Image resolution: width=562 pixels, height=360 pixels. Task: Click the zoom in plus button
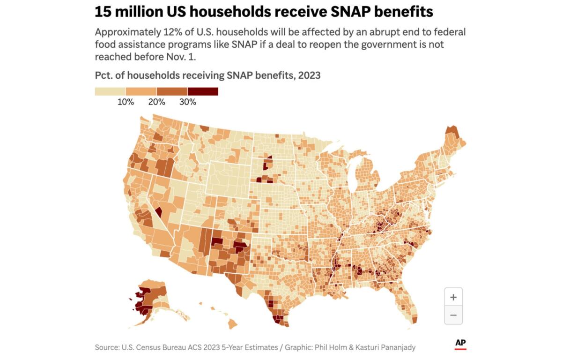[453, 297]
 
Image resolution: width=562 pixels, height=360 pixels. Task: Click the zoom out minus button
[453, 315]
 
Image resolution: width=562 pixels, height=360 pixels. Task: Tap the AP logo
[460, 345]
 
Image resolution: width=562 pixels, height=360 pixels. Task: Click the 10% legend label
[126, 102]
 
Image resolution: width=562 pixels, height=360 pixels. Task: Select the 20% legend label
[156, 102]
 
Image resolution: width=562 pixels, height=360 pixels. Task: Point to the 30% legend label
[187, 102]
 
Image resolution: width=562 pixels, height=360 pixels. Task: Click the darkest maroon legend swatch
[203, 91]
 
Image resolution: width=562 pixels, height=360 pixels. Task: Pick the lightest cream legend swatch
[110, 91]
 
